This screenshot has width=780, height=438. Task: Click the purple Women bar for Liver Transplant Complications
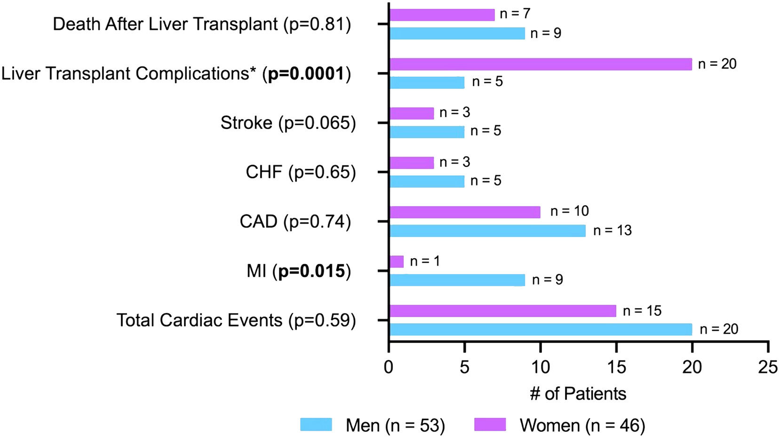coord(540,64)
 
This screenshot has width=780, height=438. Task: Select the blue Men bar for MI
coord(457,280)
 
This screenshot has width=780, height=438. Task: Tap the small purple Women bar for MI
coord(397,262)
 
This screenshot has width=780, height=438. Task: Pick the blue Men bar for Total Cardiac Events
coord(540,329)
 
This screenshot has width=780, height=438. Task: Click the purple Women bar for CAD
coord(464,212)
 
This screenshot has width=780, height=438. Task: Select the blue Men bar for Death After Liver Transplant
coord(457,33)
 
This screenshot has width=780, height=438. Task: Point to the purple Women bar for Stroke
coord(412,113)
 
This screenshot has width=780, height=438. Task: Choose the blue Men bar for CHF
coord(427,181)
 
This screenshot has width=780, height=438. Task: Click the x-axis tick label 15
coord(616,366)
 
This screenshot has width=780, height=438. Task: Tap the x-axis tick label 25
coord(768,366)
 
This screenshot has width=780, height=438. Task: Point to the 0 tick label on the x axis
coord(389,366)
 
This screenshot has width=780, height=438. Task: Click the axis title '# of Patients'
coord(578,394)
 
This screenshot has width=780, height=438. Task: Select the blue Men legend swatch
coord(316,424)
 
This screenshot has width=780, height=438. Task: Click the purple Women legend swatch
coord(490,424)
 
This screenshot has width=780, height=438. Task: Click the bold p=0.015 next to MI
coord(312,271)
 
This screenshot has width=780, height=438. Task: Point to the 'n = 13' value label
coord(612,231)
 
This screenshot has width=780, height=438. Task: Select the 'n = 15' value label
coord(642,311)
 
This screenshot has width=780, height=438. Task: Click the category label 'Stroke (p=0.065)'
coord(288,123)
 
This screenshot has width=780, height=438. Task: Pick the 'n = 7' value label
coord(515,14)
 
